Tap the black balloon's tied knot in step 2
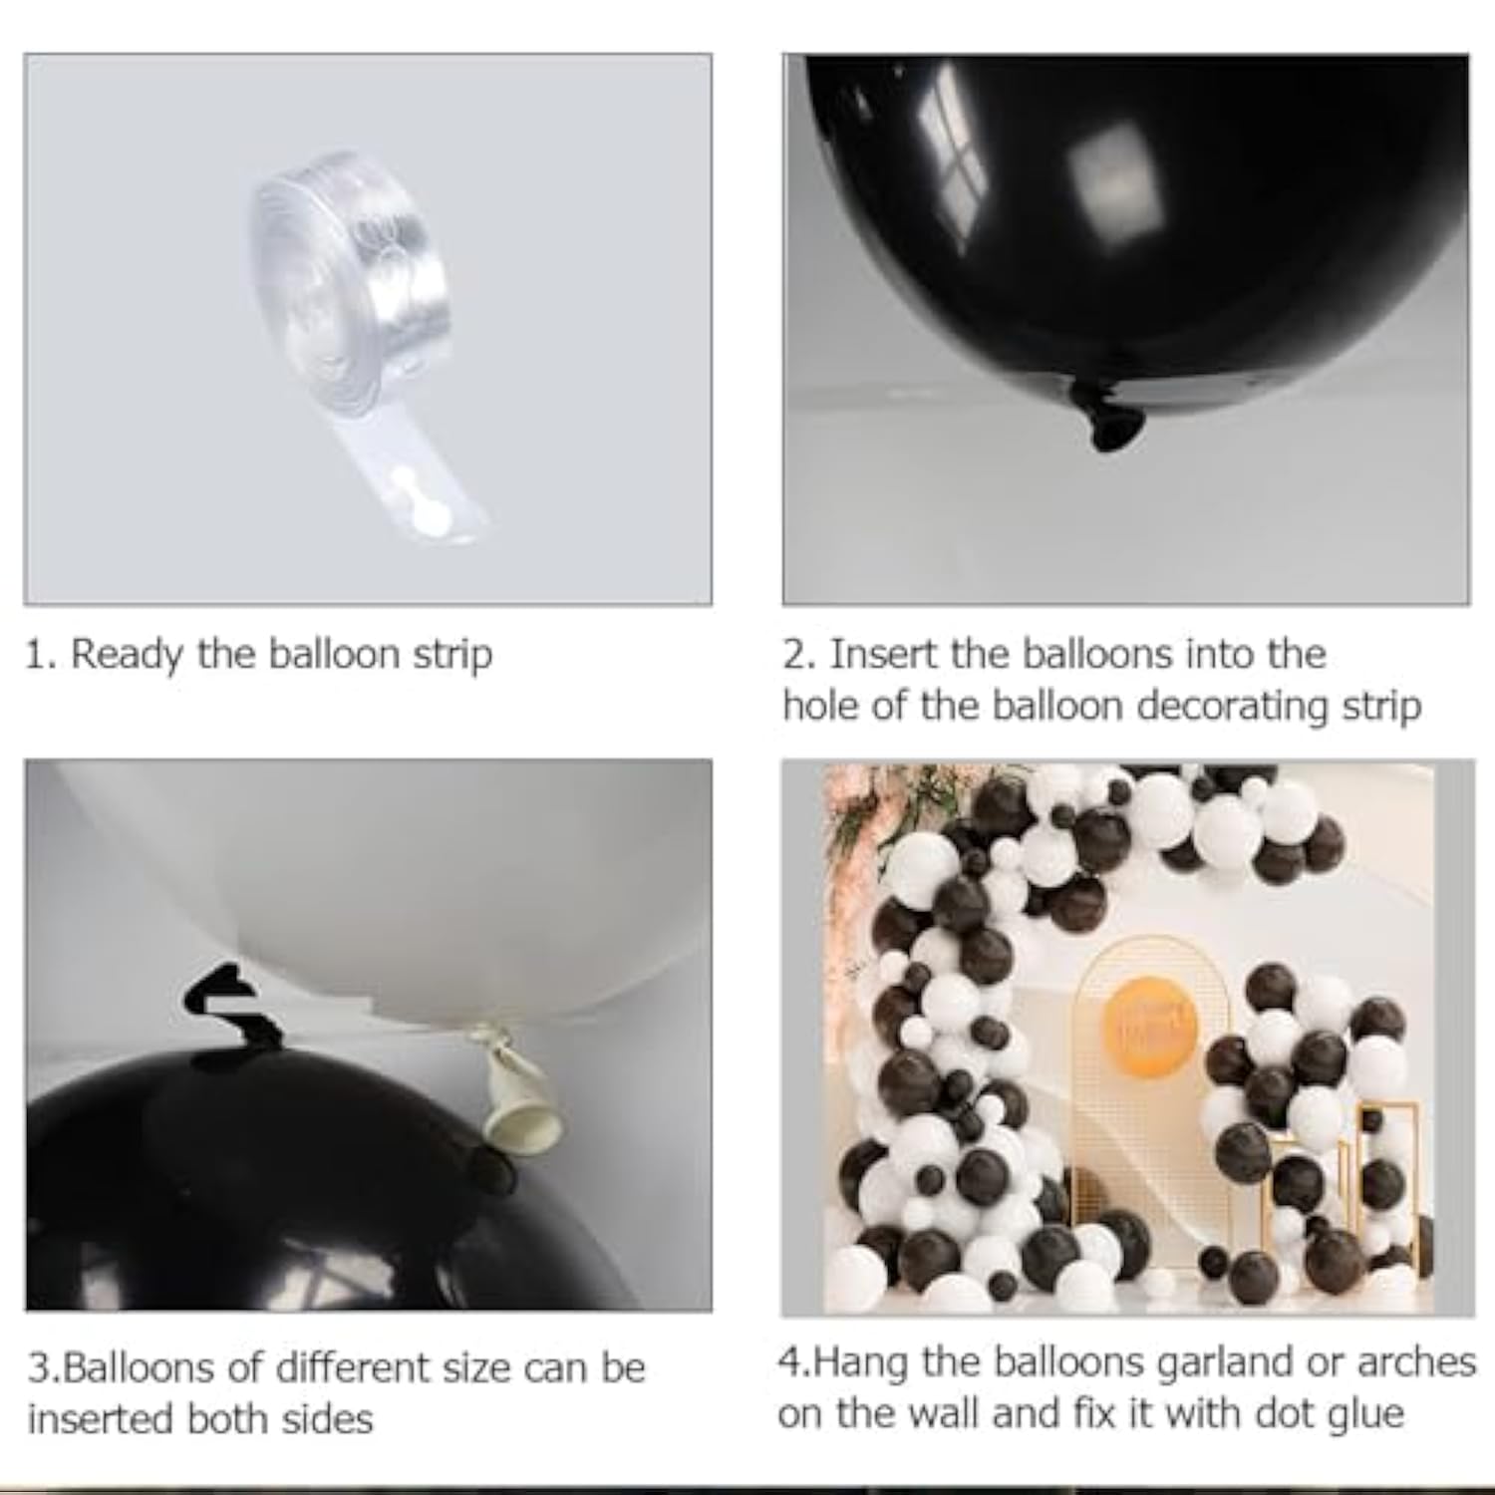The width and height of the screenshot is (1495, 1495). coord(1106,417)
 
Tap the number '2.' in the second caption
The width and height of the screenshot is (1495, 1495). coord(799,655)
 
